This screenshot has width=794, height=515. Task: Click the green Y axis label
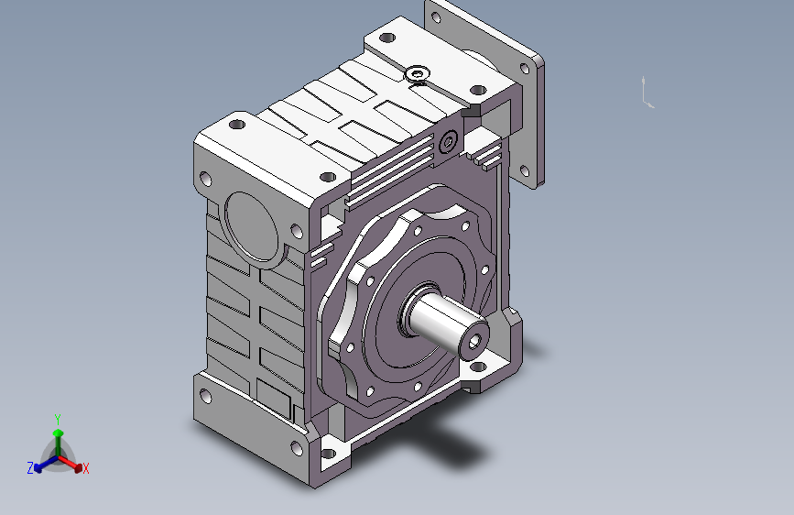(58, 420)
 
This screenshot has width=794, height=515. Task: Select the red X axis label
(85, 468)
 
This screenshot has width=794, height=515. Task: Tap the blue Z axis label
(30, 468)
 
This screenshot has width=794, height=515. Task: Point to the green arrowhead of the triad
(59, 433)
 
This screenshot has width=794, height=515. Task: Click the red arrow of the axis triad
(70, 462)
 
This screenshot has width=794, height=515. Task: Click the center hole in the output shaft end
(474, 343)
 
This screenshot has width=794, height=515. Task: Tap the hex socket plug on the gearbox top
(418, 74)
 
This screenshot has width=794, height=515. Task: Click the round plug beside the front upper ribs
(448, 141)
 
